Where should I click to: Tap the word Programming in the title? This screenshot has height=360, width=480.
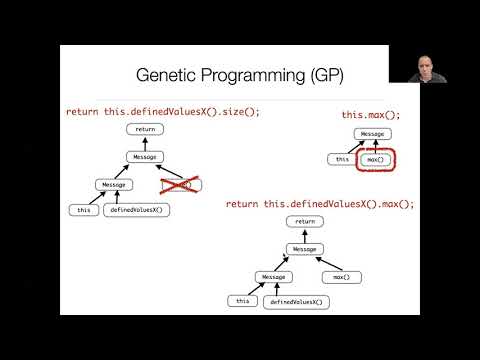tap(252, 76)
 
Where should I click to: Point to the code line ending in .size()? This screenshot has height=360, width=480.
tap(163, 112)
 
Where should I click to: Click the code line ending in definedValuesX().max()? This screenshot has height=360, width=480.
tap(320, 204)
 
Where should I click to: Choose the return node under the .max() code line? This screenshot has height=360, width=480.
tap(305, 221)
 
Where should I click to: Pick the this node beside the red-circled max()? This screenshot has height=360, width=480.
tap(343, 159)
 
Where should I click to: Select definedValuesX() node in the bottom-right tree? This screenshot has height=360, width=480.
tap(297, 301)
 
